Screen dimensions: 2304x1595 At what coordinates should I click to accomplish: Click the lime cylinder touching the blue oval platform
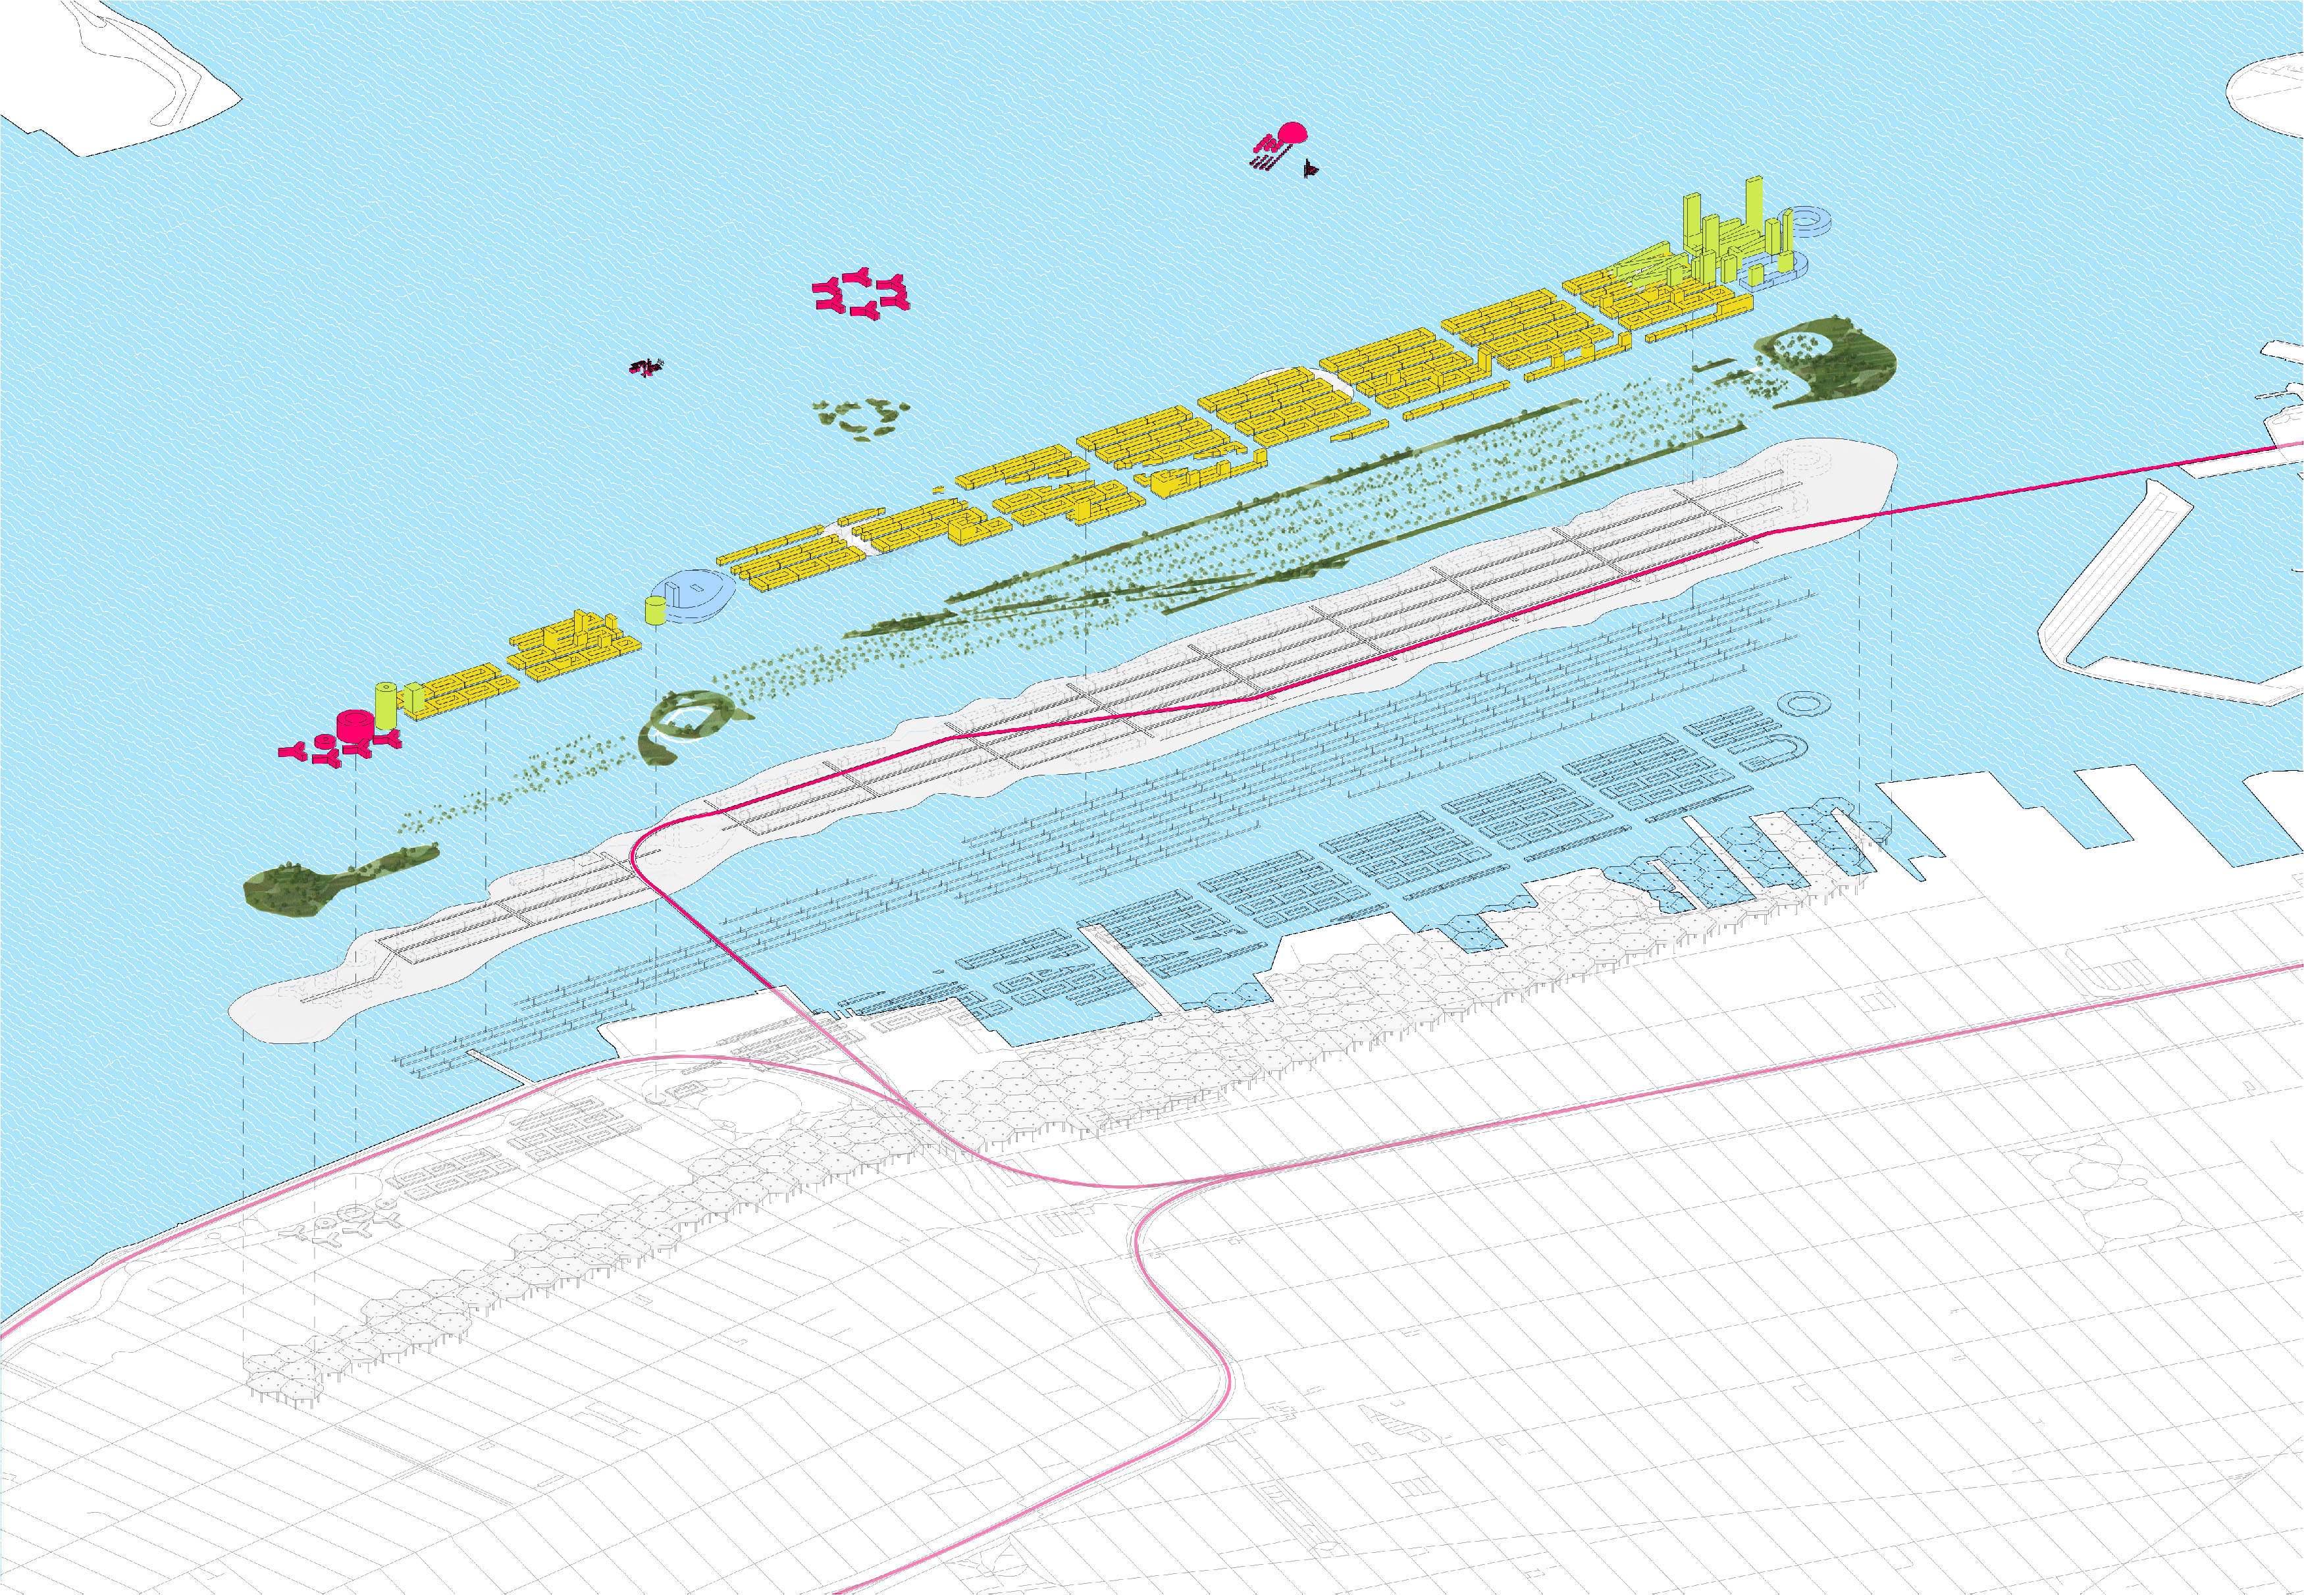(654, 609)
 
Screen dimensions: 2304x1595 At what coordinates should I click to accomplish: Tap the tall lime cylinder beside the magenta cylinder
(384, 704)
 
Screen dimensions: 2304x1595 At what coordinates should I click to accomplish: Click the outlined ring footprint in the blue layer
(1804, 704)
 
